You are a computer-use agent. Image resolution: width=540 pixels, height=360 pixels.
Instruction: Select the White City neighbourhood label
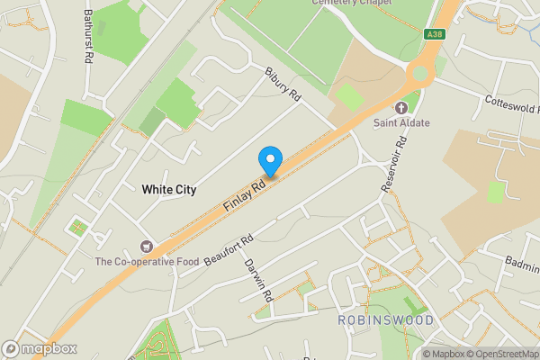pyautogui.click(x=168, y=190)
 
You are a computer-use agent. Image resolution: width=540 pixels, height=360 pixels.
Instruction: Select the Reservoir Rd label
pyautogui.click(x=391, y=157)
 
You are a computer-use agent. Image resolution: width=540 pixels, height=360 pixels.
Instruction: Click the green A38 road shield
pyautogui.click(x=436, y=34)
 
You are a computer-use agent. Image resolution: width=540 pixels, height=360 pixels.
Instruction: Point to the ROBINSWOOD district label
pyautogui.click(x=385, y=320)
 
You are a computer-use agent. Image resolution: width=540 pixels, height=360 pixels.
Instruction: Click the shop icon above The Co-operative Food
pyautogui.click(x=146, y=246)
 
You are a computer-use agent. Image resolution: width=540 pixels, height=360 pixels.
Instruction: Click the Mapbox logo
pyautogui.click(x=40, y=348)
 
